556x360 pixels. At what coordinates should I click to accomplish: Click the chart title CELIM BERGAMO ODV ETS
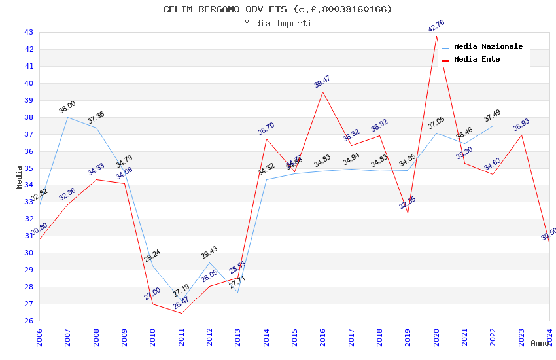277,9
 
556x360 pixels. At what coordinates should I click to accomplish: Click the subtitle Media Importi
277,23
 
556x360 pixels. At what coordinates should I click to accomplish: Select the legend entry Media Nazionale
488,46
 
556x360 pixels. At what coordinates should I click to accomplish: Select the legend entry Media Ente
477,59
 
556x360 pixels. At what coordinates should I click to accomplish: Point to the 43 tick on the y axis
29,32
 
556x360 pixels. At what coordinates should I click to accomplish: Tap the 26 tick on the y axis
29,321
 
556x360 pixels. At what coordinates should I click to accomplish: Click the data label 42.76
436,26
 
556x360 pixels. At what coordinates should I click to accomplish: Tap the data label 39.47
322,82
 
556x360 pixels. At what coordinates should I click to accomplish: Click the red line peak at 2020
436,36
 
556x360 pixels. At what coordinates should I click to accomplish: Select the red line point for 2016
322,92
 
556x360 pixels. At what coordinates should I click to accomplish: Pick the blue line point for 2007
67,117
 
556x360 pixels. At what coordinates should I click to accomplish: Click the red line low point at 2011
181,313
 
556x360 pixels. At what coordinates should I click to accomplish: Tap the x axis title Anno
540,343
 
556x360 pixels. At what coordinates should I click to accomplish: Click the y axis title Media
20,177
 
